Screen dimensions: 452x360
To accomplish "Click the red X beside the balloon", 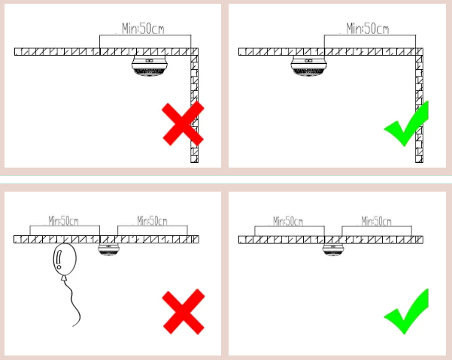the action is click(184, 311).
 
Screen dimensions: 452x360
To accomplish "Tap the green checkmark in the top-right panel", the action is click(406, 124).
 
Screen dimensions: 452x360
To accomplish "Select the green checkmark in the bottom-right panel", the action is click(406, 312).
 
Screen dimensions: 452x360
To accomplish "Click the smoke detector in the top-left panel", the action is click(150, 66).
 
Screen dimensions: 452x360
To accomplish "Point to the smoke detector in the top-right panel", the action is click(309, 66).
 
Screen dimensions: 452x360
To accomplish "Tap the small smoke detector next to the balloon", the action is click(108, 250).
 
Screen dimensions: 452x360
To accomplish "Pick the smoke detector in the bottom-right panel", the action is click(333, 250).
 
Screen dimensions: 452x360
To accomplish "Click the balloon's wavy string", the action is click(73, 302).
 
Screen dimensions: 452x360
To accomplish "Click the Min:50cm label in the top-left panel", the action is click(143, 29).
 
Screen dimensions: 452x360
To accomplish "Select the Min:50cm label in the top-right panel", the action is click(368, 29).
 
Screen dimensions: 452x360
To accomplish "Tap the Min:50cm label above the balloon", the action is click(63, 221).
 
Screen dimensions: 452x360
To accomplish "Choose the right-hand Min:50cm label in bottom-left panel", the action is click(152, 221).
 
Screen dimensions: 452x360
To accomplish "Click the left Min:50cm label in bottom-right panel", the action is click(288, 221).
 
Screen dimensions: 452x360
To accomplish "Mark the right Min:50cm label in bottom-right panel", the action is click(377, 221).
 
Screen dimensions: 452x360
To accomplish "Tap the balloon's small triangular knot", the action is click(64, 278).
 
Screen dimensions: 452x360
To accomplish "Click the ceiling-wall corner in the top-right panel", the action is click(420, 52).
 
